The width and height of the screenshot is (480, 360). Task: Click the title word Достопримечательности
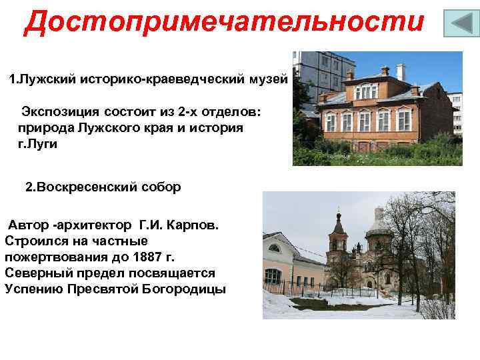(224, 22)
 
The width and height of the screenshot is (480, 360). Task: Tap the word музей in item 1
(267, 79)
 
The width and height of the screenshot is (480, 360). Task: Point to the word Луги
(45, 143)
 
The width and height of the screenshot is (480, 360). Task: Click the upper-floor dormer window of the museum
(366, 90)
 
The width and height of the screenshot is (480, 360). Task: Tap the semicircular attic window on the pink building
(274, 248)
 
